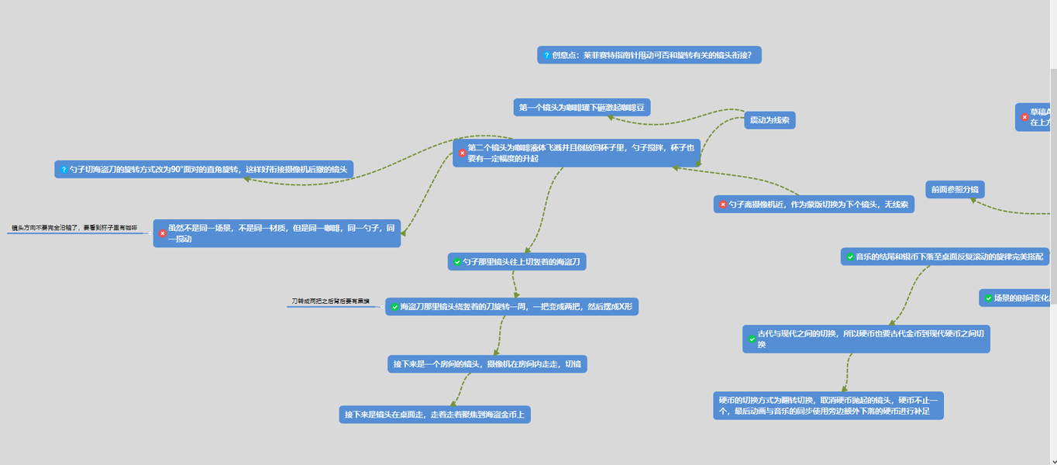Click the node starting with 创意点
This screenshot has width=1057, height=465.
point(649,55)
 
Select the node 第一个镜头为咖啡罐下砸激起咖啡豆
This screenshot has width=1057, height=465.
point(581,108)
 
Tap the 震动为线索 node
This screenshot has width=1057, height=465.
point(770,120)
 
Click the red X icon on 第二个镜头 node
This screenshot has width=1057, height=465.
point(463,153)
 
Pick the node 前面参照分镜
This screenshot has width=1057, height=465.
point(955,189)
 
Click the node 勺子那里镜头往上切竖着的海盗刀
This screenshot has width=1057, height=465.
point(517,262)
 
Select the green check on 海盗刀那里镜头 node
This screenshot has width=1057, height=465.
point(394,307)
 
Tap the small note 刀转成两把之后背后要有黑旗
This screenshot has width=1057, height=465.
point(330,301)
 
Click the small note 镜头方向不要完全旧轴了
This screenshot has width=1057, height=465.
point(74,228)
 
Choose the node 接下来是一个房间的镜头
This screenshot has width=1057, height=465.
point(487,364)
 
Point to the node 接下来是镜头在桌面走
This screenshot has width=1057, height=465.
point(434,415)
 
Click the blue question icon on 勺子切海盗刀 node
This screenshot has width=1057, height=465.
point(64,169)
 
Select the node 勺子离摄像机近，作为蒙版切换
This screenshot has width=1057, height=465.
point(814,204)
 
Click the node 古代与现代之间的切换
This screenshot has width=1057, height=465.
point(866,339)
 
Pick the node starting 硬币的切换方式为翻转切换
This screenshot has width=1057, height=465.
point(828,405)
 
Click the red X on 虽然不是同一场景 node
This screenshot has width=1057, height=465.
point(163,233)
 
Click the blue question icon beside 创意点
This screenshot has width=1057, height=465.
point(546,56)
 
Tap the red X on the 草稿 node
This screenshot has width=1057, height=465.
point(1024,117)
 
